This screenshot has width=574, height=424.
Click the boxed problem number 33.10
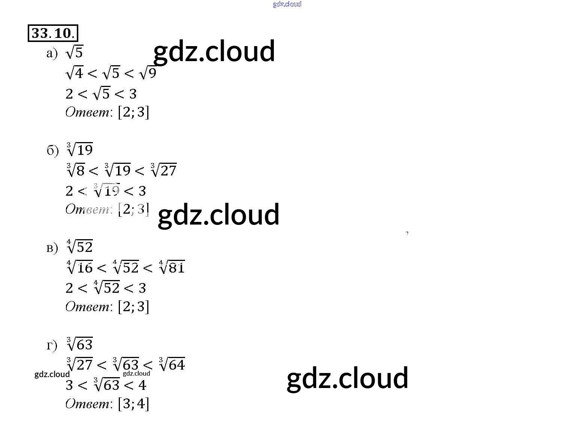[x=53, y=33]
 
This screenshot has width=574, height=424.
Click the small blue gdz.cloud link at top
[x=287, y=4]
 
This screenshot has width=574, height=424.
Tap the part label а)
[x=52, y=54]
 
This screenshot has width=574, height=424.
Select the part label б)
[x=52, y=151]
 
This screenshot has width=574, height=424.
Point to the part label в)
[x=52, y=248]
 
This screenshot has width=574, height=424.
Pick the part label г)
[x=52, y=345]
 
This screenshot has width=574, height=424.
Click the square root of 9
[x=148, y=72]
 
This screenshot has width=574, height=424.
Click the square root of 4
[x=74, y=72]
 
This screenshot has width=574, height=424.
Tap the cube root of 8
[x=76, y=170]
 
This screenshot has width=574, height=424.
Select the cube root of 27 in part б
[x=163, y=170]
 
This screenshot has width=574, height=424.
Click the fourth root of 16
[x=79, y=267]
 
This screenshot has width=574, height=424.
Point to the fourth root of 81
[x=172, y=267]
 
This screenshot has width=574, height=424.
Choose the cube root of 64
[x=172, y=364]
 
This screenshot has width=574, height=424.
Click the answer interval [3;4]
[x=133, y=404]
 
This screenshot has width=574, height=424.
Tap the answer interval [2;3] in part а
[x=133, y=112]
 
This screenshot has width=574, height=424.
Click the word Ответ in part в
[x=87, y=307]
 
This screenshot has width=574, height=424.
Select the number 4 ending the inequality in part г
[x=142, y=385]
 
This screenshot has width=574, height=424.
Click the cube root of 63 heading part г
[x=79, y=344]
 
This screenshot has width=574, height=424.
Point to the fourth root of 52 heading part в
[x=79, y=247]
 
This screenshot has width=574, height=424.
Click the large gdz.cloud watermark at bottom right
[x=347, y=378]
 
